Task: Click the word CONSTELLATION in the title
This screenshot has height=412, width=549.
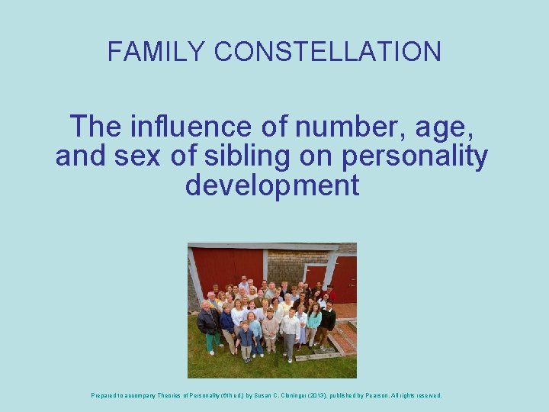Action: click(x=328, y=51)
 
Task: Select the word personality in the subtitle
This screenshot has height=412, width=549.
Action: click(x=415, y=156)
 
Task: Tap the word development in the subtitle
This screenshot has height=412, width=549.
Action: click(x=272, y=185)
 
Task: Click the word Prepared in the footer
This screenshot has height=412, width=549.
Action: click(x=105, y=395)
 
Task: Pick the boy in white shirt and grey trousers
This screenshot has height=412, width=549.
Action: click(x=291, y=334)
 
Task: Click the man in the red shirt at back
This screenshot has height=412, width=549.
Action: click(x=330, y=294)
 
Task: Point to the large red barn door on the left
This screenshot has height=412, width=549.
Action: click(x=226, y=267)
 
